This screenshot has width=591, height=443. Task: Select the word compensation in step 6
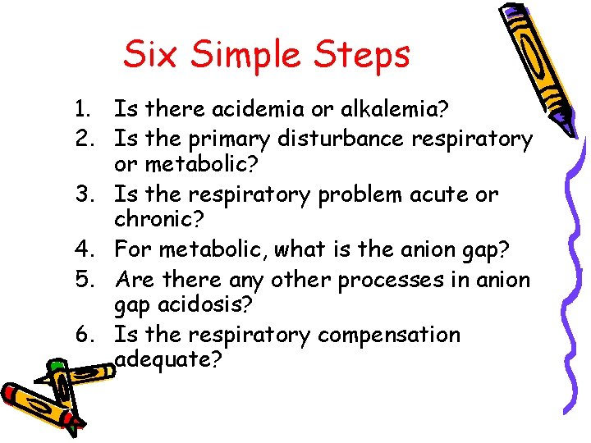pyautogui.click(x=389, y=336)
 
